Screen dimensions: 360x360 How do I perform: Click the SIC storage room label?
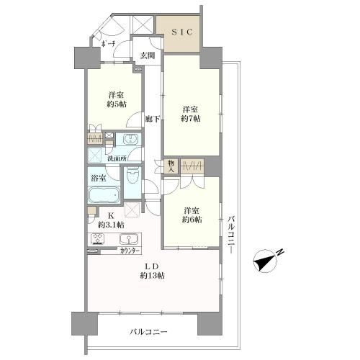pos(180,31)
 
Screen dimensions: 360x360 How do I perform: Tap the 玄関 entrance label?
pos(147,55)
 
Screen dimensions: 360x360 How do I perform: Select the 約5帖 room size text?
pos(117,105)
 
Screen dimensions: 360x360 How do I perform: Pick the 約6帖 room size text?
pos(192,219)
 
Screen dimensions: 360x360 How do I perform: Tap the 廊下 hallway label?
pos(151,119)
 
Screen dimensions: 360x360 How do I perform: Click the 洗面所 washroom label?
pos(119,158)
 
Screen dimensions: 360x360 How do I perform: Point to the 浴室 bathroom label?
pos(99,178)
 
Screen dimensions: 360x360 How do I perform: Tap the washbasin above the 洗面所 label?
pos(132,140)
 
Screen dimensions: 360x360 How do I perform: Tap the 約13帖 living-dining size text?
pos(153,276)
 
